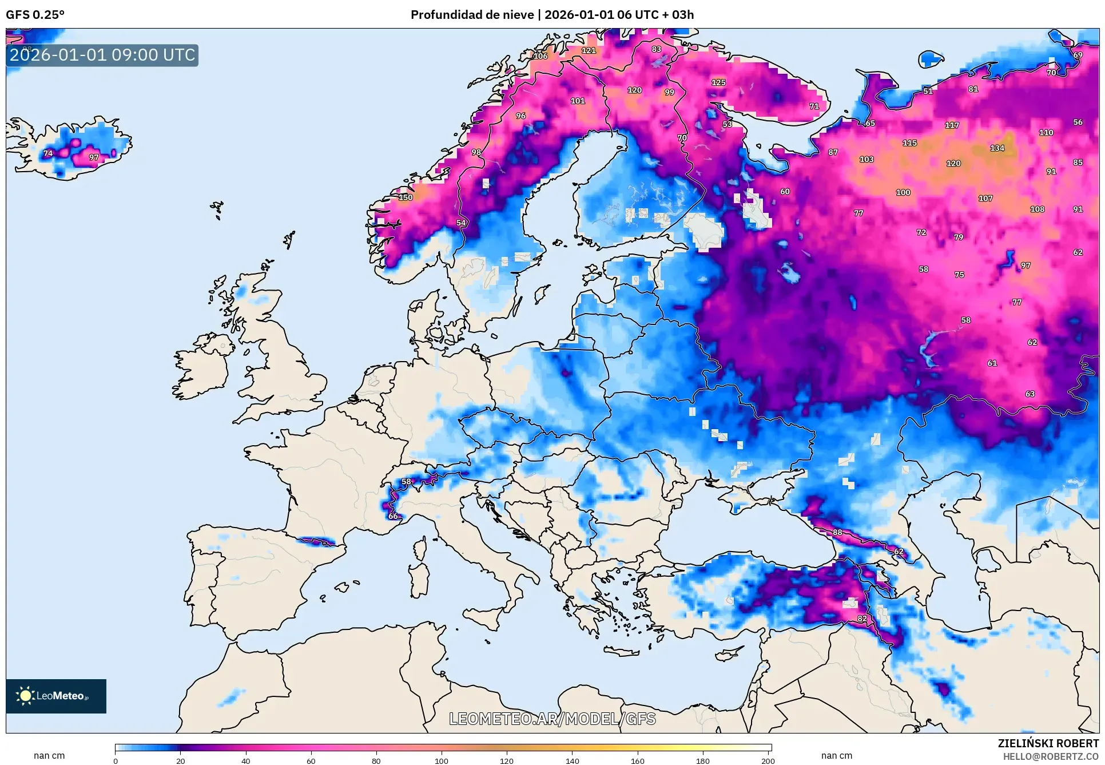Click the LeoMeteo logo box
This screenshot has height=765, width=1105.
(x=55, y=696)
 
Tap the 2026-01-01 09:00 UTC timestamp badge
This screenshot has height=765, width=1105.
(x=102, y=55)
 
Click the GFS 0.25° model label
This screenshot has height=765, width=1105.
(x=35, y=15)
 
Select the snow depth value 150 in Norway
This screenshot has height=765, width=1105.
(x=406, y=197)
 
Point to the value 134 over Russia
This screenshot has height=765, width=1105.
(x=997, y=148)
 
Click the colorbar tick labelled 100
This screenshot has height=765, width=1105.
(x=441, y=760)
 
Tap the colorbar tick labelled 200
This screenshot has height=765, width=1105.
(x=768, y=760)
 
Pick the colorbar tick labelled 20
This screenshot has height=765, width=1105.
(x=181, y=760)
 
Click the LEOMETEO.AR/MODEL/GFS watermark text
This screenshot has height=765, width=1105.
(x=552, y=719)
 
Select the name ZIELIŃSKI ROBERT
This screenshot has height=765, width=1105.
(x=1048, y=743)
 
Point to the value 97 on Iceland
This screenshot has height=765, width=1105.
(x=94, y=157)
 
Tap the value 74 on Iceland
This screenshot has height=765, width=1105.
(x=48, y=153)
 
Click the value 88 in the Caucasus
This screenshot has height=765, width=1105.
(x=837, y=532)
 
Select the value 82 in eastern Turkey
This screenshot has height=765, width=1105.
(x=862, y=619)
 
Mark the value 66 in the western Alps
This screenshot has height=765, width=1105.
(x=393, y=516)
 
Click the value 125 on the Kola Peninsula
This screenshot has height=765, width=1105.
(x=718, y=82)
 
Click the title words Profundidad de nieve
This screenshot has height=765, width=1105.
(x=472, y=15)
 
